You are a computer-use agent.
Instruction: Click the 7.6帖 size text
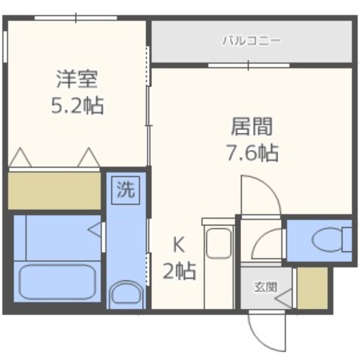pyautogui.click(x=252, y=153)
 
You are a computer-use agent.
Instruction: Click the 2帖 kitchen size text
pyautogui.click(x=179, y=271)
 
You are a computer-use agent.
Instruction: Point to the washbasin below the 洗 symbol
pyautogui.click(x=126, y=294)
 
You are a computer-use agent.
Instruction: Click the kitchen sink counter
pyautogui.click(x=219, y=243)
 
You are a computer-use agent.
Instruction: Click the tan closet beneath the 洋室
pyautogui.click(x=54, y=190)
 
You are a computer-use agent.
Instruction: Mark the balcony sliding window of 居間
pyautogui.click(x=248, y=65)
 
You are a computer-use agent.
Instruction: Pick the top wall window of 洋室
pyautogui.click(x=76, y=18)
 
